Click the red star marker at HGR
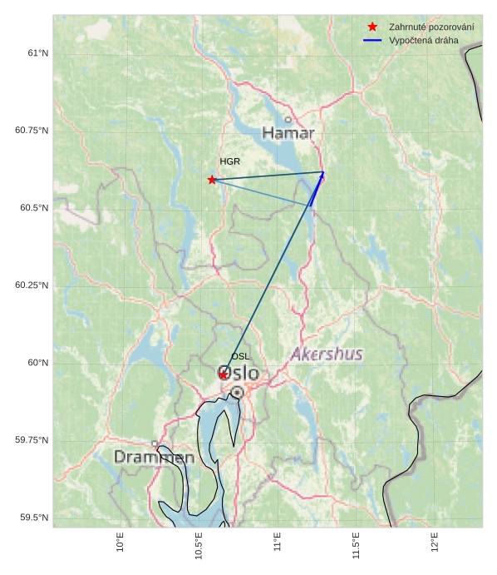[x=212, y=180]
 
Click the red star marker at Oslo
[x=224, y=375]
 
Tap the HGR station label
[x=229, y=161]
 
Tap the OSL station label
[x=240, y=356]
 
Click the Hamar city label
[x=288, y=133]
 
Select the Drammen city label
[x=154, y=458]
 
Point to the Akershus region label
[x=327, y=354]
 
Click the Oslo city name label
[x=239, y=374]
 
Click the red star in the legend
[x=372, y=27]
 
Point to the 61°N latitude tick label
[x=38, y=53]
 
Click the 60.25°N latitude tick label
[x=32, y=285]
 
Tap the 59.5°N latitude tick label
[x=35, y=518]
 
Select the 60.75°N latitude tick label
[x=32, y=131]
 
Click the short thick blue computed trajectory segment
[x=317, y=189]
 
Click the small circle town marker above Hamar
[x=288, y=120]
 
